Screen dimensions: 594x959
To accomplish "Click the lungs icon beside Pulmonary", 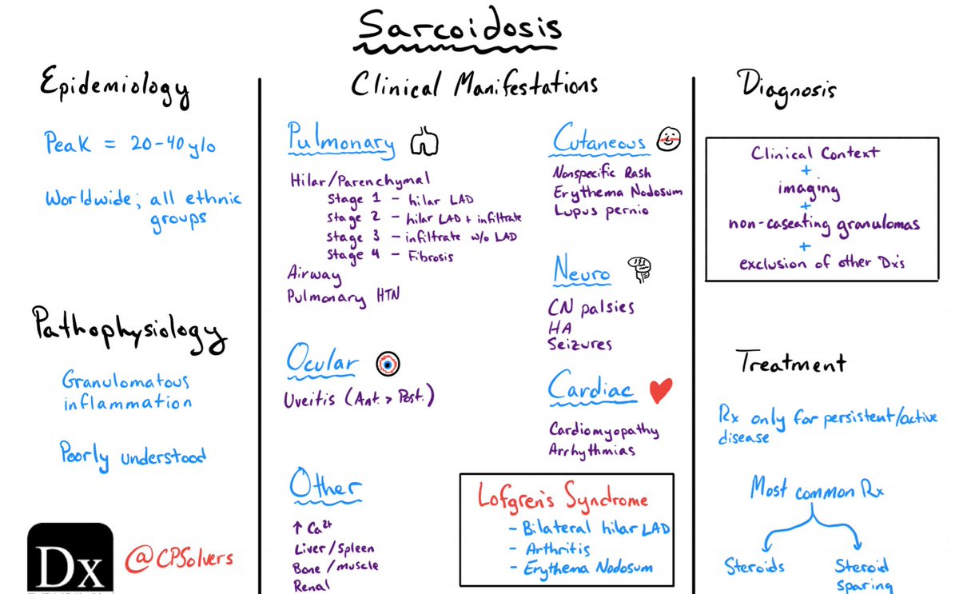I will [x=424, y=142].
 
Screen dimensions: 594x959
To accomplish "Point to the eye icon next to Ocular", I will [x=388, y=363].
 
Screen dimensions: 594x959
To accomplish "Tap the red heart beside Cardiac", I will [x=660, y=390].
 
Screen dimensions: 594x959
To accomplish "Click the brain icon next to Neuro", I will [x=637, y=269].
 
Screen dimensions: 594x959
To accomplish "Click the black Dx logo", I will [x=70, y=558].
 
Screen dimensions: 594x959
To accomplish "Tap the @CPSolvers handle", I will [x=181, y=556].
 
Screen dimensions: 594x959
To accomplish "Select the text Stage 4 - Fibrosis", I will [x=388, y=255].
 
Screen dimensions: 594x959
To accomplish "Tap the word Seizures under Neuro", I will [x=580, y=345].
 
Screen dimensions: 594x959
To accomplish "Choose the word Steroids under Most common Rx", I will [x=754, y=567].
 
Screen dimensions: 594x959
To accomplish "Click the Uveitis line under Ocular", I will [x=364, y=398].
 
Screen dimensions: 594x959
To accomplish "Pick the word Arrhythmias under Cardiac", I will [x=592, y=450].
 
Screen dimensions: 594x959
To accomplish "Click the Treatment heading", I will [x=790, y=365].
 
